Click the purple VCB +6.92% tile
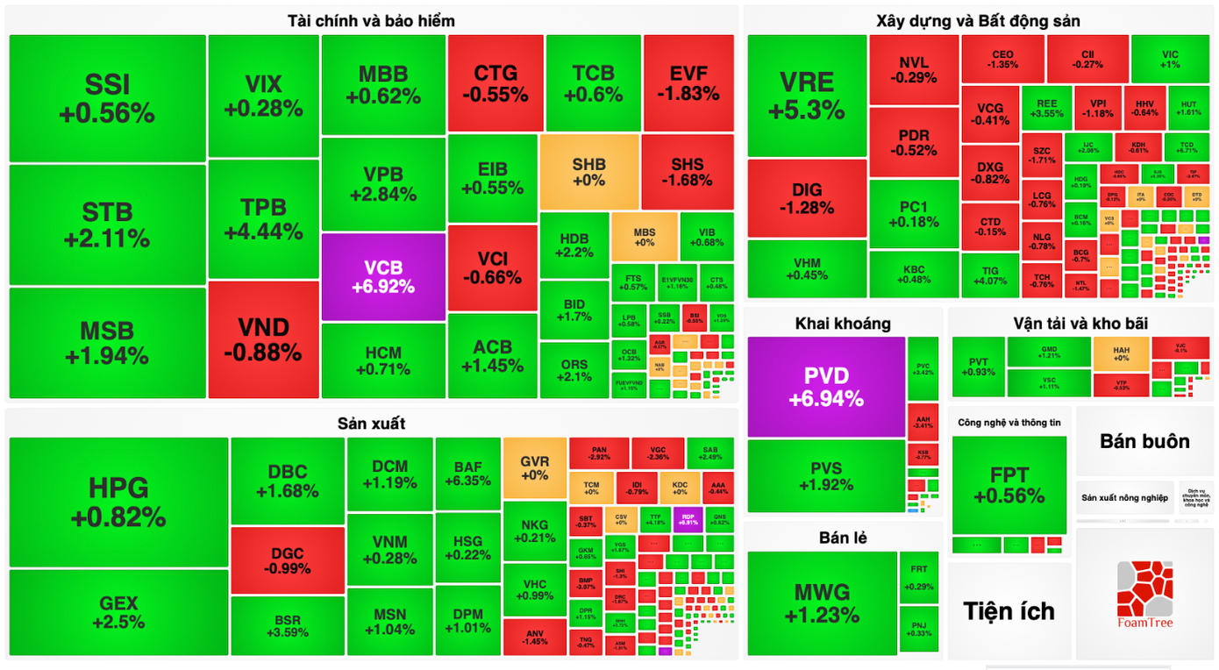pyautogui.click(x=383, y=276)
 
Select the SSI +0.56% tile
pyautogui.click(x=107, y=98)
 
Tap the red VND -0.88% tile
pyautogui.click(x=263, y=339)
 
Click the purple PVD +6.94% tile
pyautogui.click(x=825, y=387)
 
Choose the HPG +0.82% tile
pyautogui.click(x=118, y=502)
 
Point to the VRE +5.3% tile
pyautogui.click(x=806, y=96)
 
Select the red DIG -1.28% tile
pyautogui.click(x=806, y=198)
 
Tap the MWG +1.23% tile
pyautogui.click(x=822, y=602)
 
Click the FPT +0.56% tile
pyautogui.click(x=1009, y=485)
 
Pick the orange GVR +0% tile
pyautogui.click(x=534, y=467)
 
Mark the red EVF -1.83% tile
pyautogui.click(x=688, y=83)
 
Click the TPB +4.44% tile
pyautogui.click(x=263, y=219)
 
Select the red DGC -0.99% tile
pyautogui.click(x=288, y=560)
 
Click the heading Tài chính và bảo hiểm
pyautogui.click(x=371, y=20)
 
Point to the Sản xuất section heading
pyautogui.click(x=371, y=424)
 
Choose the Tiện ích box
pyautogui.click(x=1009, y=610)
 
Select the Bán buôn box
pyautogui.click(x=1144, y=441)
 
